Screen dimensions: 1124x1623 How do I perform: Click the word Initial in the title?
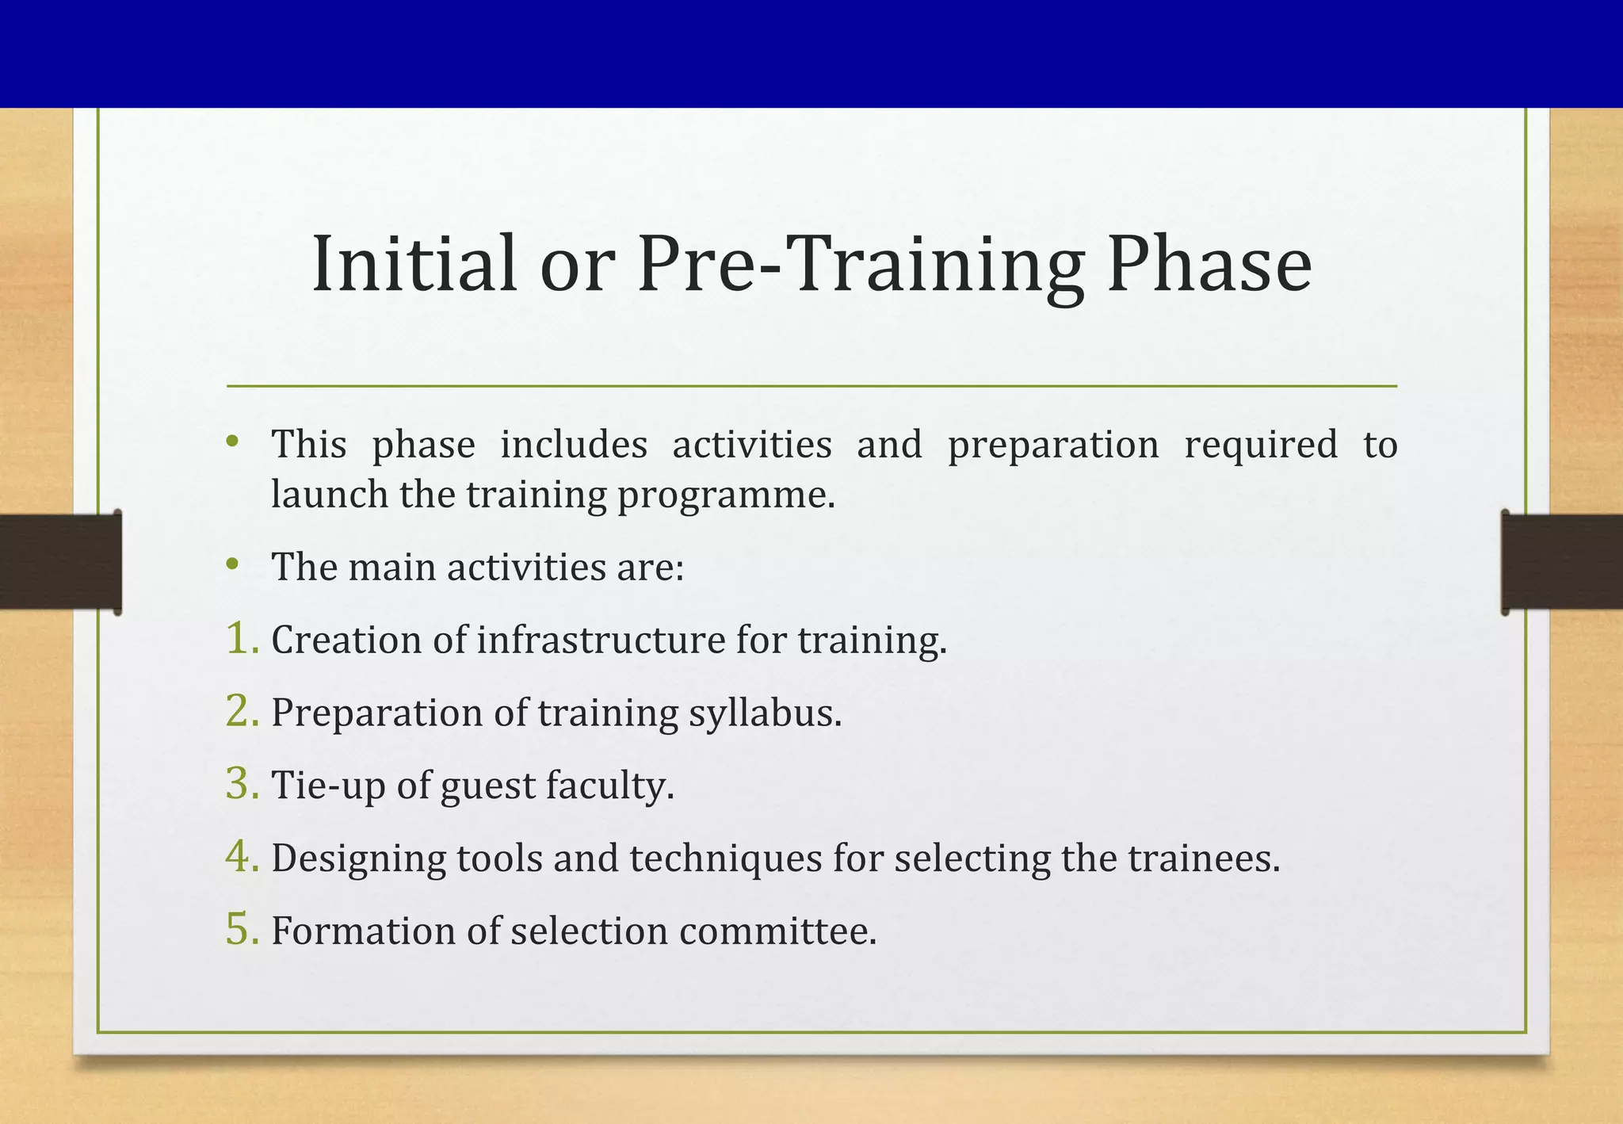[x=414, y=264]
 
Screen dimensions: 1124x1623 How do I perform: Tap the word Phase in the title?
[x=1209, y=264]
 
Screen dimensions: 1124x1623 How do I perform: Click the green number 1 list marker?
[x=241, y=639]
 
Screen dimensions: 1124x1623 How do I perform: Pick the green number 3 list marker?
[x=241, y=784]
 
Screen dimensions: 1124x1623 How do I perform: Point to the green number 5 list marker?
[x=241, y=930]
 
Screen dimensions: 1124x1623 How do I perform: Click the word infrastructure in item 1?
[x=601, y=640]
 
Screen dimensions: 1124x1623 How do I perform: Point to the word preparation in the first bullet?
[x=1053, y=445]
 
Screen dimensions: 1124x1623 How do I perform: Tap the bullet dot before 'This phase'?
[x=231, y=441]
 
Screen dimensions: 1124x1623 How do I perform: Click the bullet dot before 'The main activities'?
[x=231, y=564]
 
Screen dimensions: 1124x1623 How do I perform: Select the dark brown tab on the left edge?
[x=60, y=562]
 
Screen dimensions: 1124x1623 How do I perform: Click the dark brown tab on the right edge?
[x=1561, y=562]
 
